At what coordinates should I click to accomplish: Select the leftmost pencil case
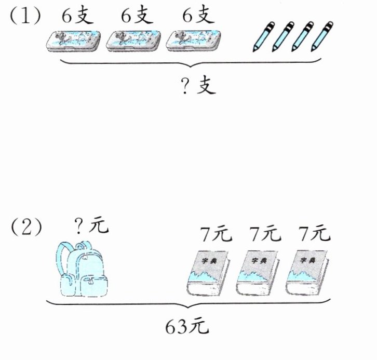pos(74,41)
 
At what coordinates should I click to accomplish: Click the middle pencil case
pos(134,41)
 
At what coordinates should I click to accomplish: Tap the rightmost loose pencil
pos(322,36)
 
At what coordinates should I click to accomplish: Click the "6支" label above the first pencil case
pos(76,16)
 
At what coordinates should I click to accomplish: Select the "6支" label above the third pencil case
pos(198,16)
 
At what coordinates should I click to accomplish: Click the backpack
pos(84,270)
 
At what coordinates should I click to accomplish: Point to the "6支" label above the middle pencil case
pos(137,16)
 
